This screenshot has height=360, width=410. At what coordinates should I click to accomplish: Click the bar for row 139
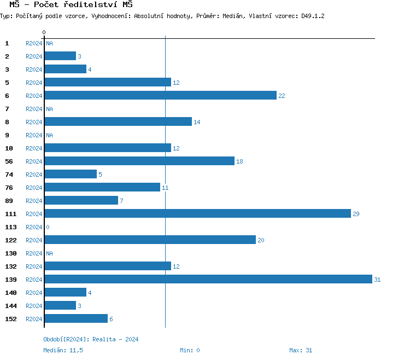click(208, 279)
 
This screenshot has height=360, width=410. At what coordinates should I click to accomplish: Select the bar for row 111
click(197, 213)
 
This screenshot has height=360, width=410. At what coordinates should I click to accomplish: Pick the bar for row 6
click(160, 95)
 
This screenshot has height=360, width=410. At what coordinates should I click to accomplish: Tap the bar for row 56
click(139, 161)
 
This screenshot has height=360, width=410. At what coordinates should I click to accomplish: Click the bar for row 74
click(71, 174)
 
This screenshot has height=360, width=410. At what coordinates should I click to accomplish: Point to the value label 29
click(356, 214)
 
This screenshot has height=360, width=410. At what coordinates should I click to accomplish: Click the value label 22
click(282, 96)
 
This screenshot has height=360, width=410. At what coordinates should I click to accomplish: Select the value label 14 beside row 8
click(197, 122)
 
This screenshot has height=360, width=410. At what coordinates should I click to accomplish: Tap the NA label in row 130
click(49, 253)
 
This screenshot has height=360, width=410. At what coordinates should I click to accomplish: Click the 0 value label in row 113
click(48, 227)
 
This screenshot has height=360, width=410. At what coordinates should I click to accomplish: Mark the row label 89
click(9, 201)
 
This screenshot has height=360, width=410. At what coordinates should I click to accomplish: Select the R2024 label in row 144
click(34, 306)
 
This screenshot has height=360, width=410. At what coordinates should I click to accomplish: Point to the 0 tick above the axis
click(44, 33)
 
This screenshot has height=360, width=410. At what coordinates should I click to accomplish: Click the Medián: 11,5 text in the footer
click(63, 350)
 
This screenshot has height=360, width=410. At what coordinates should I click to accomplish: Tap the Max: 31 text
click(301, 350)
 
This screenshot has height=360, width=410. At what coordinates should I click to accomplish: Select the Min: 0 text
click(190, 350)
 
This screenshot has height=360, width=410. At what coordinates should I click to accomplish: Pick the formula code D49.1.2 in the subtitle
click(313, 16)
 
